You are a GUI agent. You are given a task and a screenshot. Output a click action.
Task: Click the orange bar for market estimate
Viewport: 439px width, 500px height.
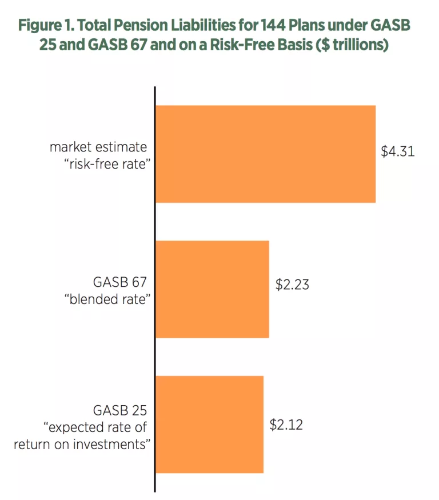pyautogui.click(x=265, y=154)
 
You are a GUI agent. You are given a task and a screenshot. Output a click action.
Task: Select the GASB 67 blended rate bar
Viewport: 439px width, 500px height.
pyautogui.click(x=212, y=289)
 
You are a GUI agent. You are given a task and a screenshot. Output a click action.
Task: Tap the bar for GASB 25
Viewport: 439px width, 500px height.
pyautogui.click(x=209, y=424)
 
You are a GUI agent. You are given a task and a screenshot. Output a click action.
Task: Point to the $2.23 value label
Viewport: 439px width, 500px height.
pyautogui.click(x=292, y=284)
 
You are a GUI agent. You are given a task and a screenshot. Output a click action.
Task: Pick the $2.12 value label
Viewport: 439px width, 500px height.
pyautogui.click(x=286, y=425)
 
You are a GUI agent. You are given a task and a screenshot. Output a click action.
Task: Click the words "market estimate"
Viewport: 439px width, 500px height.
pyautogui.click(x=98, y=146)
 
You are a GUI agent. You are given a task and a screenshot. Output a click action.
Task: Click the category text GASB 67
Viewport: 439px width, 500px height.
pyautogui.click(x=119, y=282)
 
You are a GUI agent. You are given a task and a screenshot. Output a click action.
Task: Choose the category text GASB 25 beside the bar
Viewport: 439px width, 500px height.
pyautogui.click(x=119, y=410)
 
